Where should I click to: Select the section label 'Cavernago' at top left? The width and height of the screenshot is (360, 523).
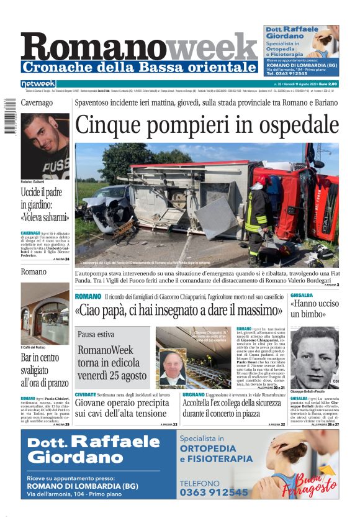[36, 102]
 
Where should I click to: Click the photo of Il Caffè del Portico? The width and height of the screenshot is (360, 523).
[45, 313]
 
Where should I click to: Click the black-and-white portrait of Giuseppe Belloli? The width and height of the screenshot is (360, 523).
[314, 357]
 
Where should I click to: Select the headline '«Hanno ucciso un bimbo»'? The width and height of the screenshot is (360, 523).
[314, 309]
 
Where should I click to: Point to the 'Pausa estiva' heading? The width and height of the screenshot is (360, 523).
[96, 334]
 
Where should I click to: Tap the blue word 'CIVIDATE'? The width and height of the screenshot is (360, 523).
[86, 394]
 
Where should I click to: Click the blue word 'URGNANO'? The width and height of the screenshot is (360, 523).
[194, 394]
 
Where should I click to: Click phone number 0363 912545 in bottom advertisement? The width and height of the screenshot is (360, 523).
[214, 492]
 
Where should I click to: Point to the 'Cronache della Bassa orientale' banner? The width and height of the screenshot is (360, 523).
[139, 66]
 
